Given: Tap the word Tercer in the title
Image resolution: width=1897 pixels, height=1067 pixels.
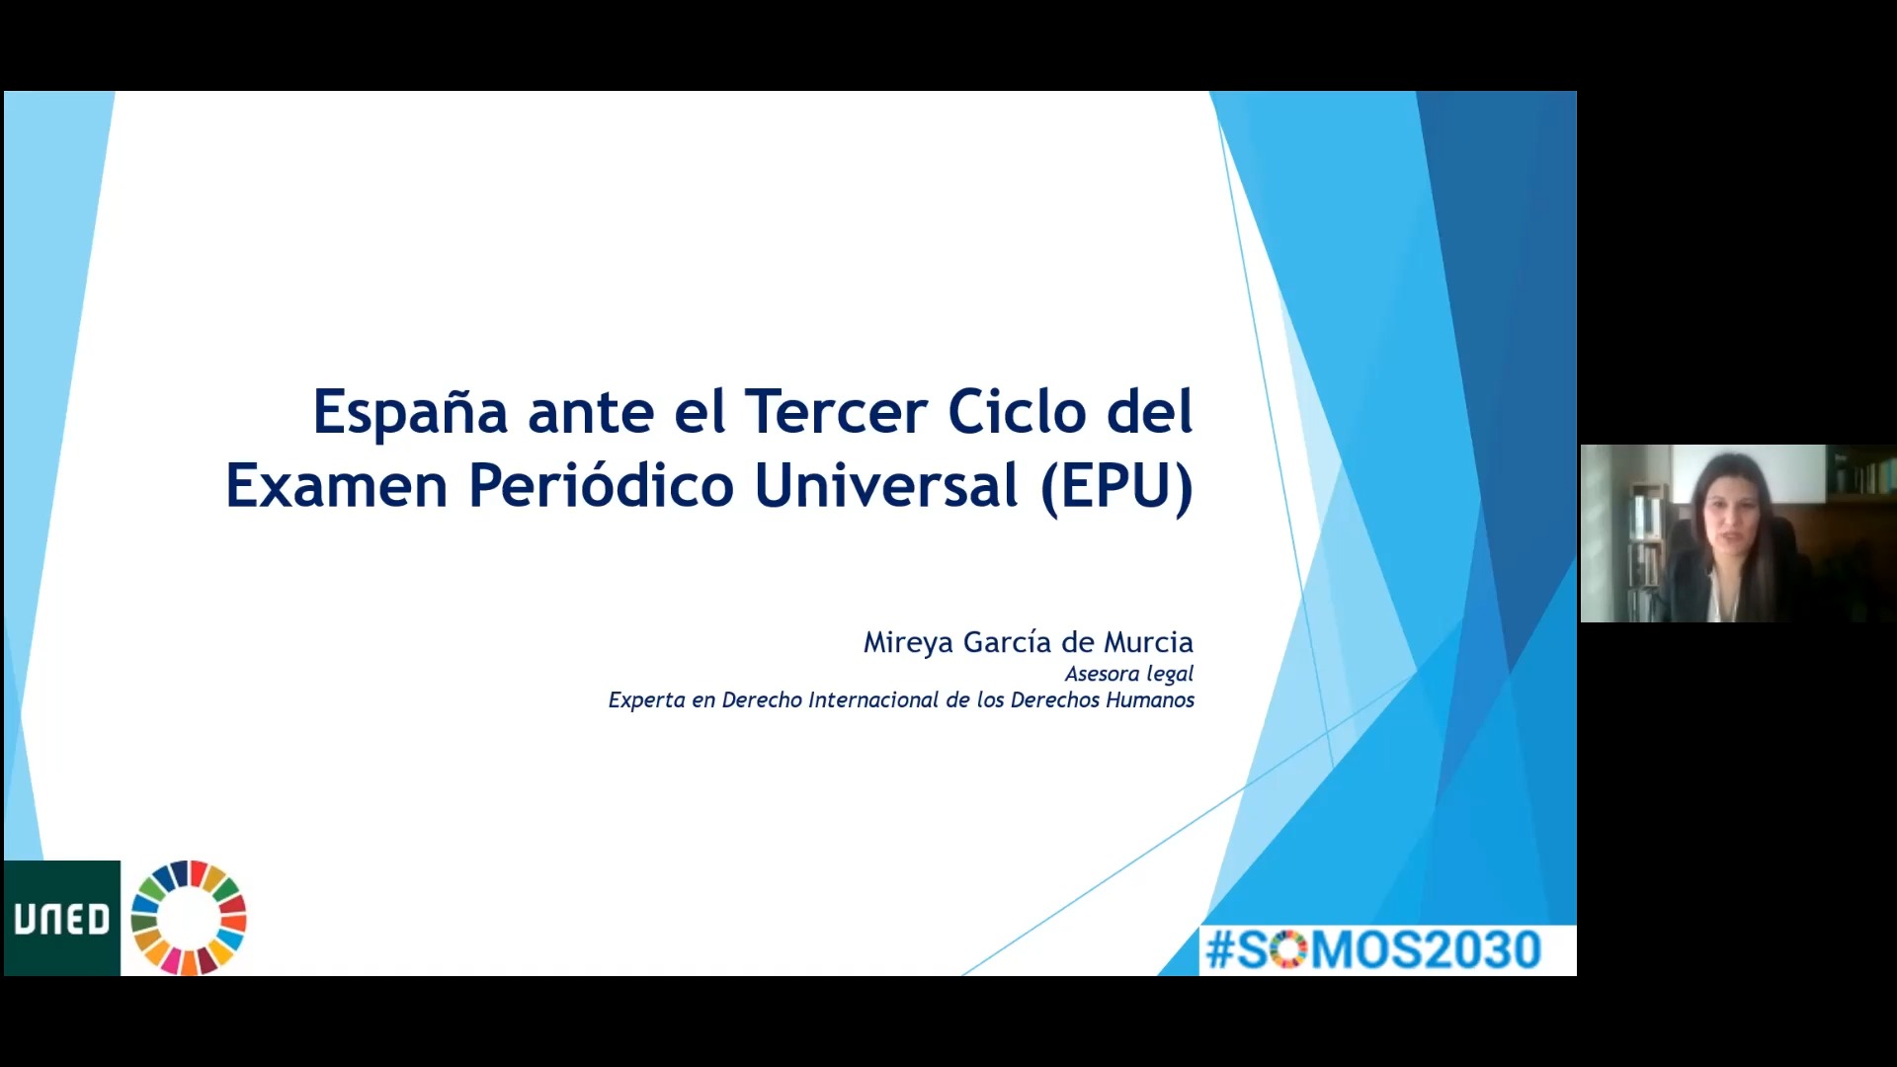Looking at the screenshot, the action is [x=836, y=411].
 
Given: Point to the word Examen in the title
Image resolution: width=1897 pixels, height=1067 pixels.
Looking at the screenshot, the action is [x=337, y=485].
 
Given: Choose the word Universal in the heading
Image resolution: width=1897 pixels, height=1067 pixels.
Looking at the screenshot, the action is [x=886, y=485].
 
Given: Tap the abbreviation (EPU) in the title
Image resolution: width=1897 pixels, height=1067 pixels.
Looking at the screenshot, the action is [x=1116, y=487].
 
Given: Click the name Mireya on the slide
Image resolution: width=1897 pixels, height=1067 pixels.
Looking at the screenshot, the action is [x=908, y=643].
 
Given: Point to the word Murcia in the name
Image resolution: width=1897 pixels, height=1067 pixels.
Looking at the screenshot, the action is [x=1148, y=642].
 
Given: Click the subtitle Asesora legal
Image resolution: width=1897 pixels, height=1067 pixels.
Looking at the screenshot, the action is [x=1129, y=674].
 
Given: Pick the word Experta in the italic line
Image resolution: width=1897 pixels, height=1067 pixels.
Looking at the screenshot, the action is [x=646, y=700].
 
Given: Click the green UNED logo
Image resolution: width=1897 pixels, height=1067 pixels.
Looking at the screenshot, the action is [x=62, y=919].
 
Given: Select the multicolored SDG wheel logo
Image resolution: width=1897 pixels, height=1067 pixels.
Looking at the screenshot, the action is [x=189, y=918].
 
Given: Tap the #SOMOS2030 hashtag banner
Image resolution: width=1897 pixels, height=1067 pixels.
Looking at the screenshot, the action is [x=1373, y=950].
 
